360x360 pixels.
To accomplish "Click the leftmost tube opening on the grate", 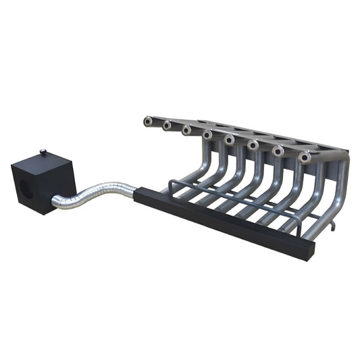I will click(147, 122).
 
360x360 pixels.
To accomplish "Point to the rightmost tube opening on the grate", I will click(305, 158).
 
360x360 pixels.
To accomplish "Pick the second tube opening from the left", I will click(166, 125).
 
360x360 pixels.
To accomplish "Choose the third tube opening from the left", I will click(186, 130).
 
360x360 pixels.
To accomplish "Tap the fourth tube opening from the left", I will click(207, 135).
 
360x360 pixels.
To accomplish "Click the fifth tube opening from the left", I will click(230, 140).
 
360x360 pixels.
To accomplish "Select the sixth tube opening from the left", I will click(253, 145).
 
